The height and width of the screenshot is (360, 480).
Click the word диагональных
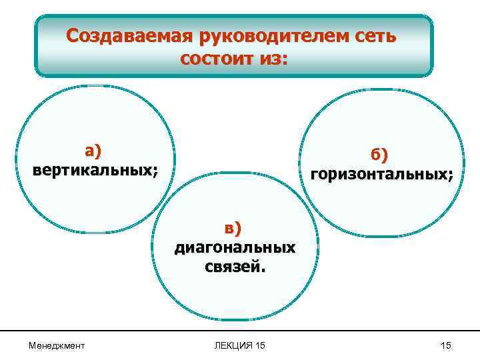(234, 247)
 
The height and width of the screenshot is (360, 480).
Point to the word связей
(231, 267)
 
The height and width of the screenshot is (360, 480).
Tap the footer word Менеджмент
(57, 345)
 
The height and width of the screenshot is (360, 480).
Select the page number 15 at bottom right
(446, 345)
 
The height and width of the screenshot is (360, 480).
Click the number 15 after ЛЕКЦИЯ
(260, 345)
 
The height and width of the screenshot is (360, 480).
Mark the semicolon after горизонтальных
(450, 177)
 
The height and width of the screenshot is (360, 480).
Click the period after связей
(263, 271)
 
